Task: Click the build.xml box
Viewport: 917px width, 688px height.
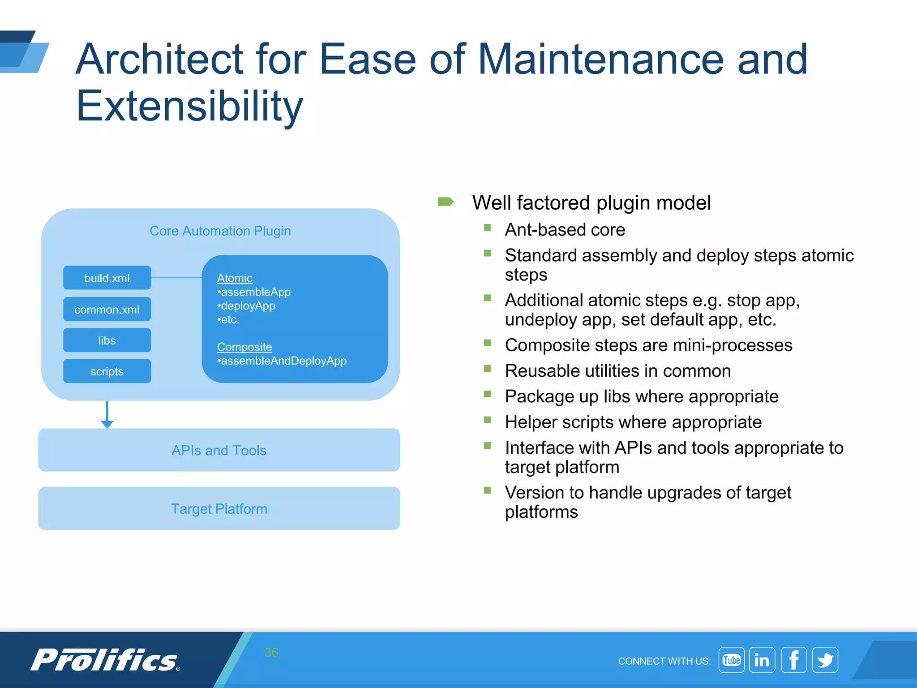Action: click(107, 278)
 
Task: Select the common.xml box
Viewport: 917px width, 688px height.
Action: click(107, 310)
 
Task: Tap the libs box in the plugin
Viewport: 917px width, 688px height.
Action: click(107, 340)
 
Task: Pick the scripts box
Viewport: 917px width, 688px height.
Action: click(107, 371)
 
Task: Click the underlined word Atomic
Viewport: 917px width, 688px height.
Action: click(235, 278)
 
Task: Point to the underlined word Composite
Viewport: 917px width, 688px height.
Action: click(244, 347)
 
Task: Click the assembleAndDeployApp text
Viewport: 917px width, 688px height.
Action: click(283, 361)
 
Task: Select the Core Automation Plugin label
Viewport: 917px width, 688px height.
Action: click(220, 231)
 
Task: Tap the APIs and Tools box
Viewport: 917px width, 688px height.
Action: click(219, 450)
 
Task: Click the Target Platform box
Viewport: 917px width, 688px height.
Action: click(219, 509)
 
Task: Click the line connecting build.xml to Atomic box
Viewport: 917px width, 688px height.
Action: click(176, 278)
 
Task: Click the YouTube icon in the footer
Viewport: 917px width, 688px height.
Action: click(731, 660)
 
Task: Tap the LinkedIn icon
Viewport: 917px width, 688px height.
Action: click(762, 660)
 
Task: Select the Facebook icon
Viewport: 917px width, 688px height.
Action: click(793, 660)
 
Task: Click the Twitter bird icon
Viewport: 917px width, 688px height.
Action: click(825, 660)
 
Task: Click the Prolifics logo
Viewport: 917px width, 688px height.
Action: click(106, 660)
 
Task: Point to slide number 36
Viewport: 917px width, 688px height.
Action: click(271, 653)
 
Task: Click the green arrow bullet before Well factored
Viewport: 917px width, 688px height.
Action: click(446, 202)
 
